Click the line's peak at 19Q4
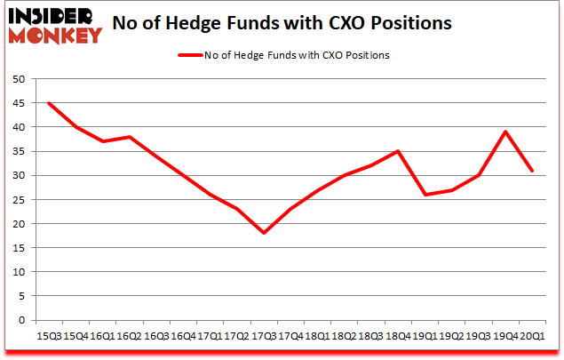[x=505, y=132]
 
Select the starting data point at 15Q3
[x=49, y=103]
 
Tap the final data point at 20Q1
[x=532, y=171]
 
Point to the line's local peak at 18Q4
[x=398, y=151]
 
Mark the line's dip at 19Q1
[x=425, y=195]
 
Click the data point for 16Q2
[x=130, y=137]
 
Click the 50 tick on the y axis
[x=18, y=79]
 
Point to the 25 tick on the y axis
[x=18, y=199]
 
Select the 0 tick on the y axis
[x=20, y=320]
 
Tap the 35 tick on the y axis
[x=18, y=151]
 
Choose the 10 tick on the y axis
[x=18, y=272]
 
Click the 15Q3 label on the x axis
[x=49, y=336]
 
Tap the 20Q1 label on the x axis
[x=532, y=336]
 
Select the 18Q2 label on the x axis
[x=345, y=336]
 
